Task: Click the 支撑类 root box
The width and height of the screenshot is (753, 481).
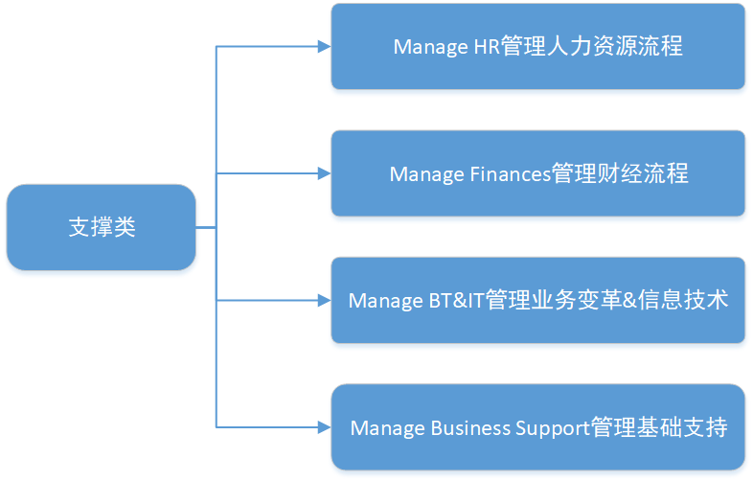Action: pos(102,227)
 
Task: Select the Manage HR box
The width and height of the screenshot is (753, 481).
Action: pos(537,47)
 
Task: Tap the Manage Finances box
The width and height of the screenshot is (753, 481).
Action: pos(537,173)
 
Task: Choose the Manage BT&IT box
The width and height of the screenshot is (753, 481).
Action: pos(537,300)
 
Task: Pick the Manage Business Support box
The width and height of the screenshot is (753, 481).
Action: pos(537,427)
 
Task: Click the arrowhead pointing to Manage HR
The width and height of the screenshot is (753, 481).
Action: pos(325,47)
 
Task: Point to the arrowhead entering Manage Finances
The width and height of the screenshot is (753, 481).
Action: pos(325,173)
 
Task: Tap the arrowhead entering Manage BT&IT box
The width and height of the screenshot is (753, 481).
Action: pos(325,300)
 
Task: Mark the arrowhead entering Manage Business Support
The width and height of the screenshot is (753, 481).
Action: pos(325,427)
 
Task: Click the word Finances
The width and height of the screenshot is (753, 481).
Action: pos(510,174)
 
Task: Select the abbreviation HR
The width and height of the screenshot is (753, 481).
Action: pos(487,47)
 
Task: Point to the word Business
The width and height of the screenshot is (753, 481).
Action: pos(470,428)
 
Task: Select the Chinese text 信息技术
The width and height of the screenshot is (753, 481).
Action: pos(683,300)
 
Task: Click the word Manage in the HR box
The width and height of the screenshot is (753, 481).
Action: pos(430,48)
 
